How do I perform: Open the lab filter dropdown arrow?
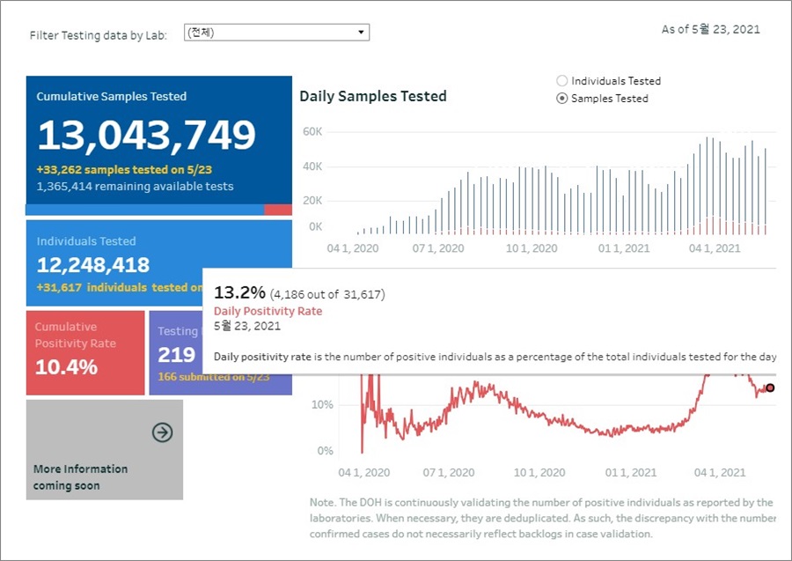pyautogui.click(x=361, y=33)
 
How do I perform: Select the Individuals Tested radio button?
pyautogui.click(x=562, y=81)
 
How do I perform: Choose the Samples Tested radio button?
pyautogui.click(x=562, y=99)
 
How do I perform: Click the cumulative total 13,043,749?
pyautogui.click(x=146, y=135)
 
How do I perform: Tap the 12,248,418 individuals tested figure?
pyautogui.click(x=93, y=265)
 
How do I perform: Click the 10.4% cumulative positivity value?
pyautogui.click(x=67, y=367)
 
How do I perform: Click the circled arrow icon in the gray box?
pyautogui.click(x=162, y=432)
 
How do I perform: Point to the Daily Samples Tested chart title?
pyautogui.click(x=373, y=96)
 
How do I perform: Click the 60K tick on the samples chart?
pyautogui.click(x=312, y=132)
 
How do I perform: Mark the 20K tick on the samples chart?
pyautogui.click(x=312, y=201)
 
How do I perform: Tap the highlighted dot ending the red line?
pyautogui.click(x=770, y=388)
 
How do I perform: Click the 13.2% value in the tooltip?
pyautogui.click(x=238, y=293)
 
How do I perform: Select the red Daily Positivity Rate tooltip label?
pyautogui.click(x=268, y=311)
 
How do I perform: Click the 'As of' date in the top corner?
pyautogui.click(x=710, y=30)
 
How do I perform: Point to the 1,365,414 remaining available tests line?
pyautogui.click(x=135, y=187)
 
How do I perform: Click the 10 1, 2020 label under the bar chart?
pyautogui.click(x=532, y=249)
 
